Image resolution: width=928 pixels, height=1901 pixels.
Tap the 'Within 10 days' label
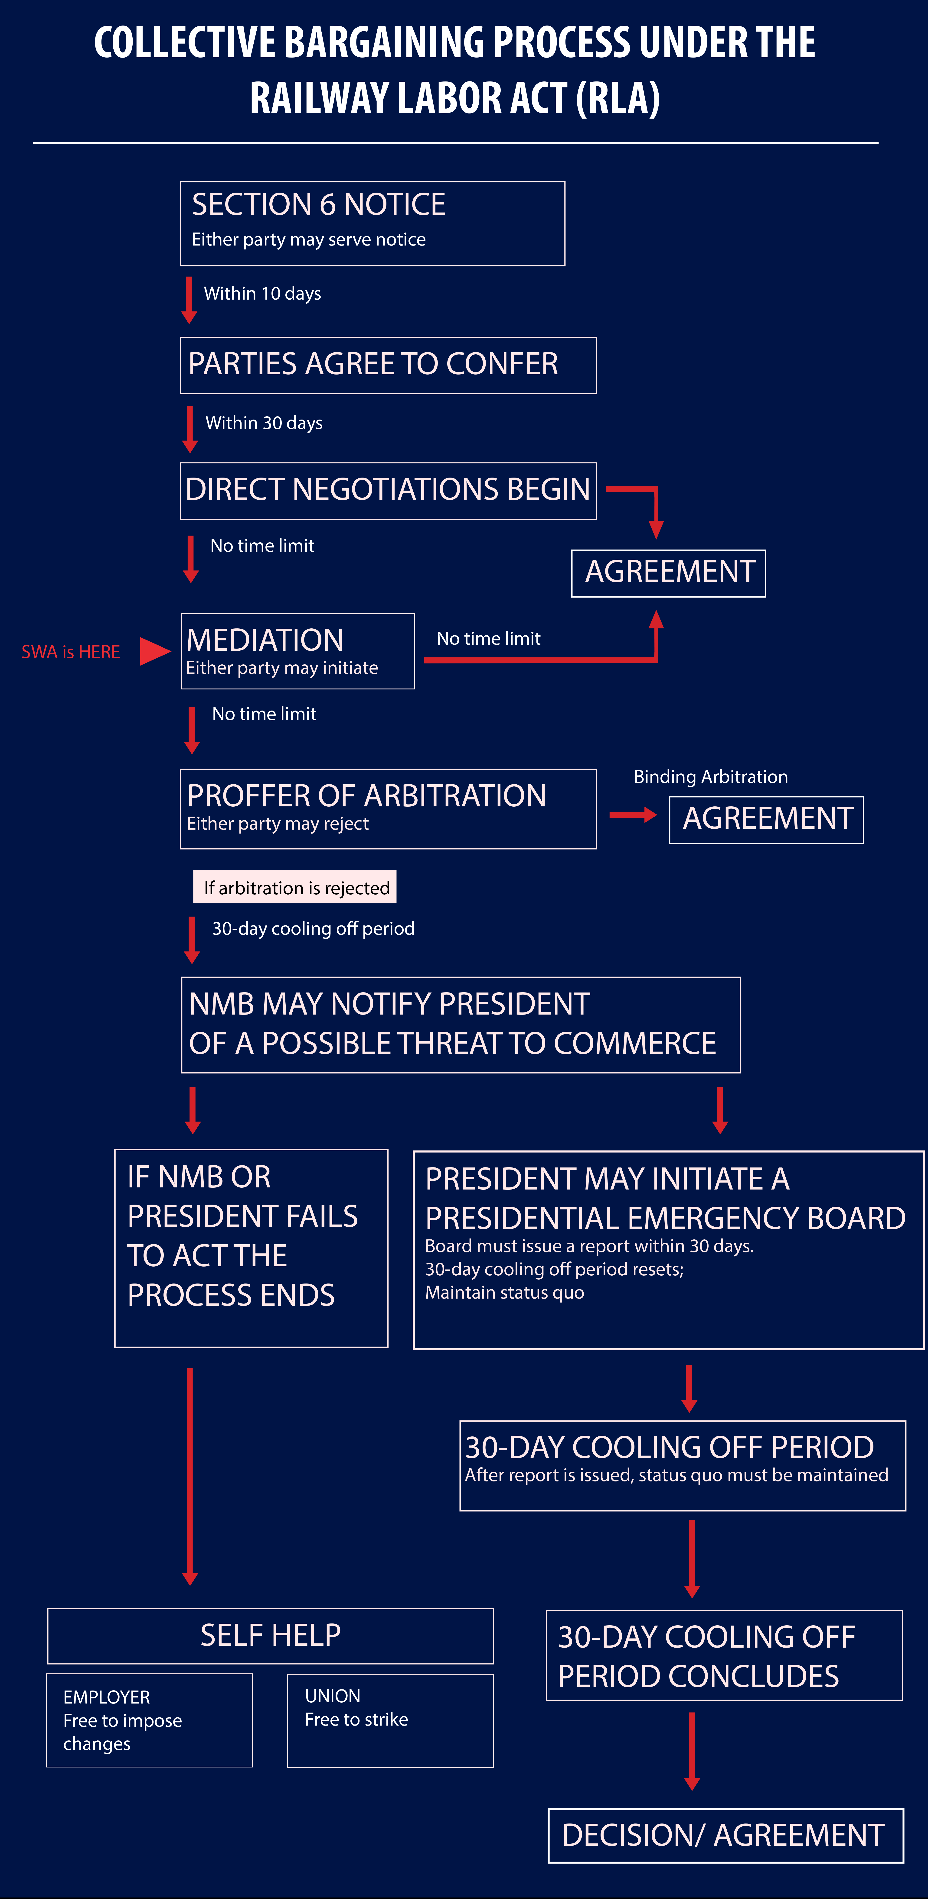click(262, 294)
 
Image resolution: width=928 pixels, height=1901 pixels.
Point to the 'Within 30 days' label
click(264, 423)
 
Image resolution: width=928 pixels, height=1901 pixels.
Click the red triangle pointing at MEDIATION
click(155, 651)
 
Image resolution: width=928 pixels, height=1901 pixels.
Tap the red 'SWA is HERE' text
click(71, 652)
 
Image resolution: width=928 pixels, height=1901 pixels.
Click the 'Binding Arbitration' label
click(711, 776)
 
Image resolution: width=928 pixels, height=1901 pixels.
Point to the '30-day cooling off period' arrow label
click(313, 928)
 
